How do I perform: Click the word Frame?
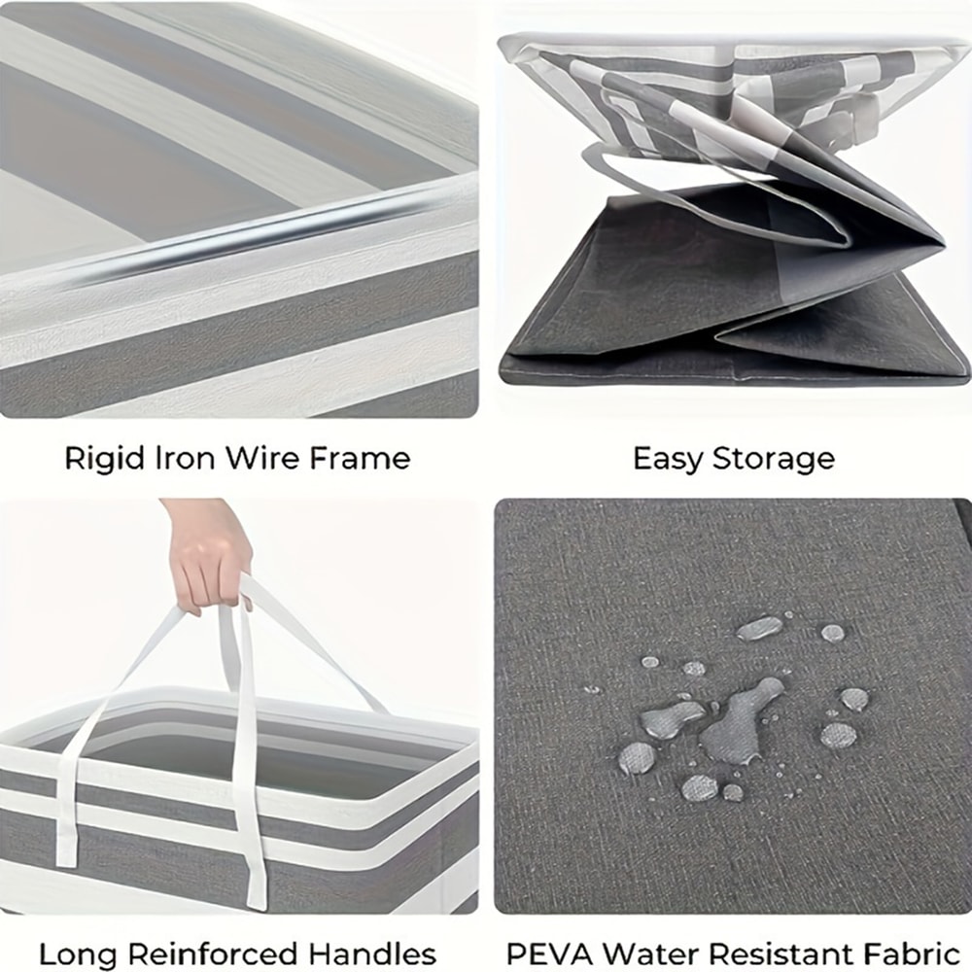click(x=360, y=458)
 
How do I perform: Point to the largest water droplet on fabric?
click(x=739, y=720)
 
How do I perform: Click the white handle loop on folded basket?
click(x=712, y=198)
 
